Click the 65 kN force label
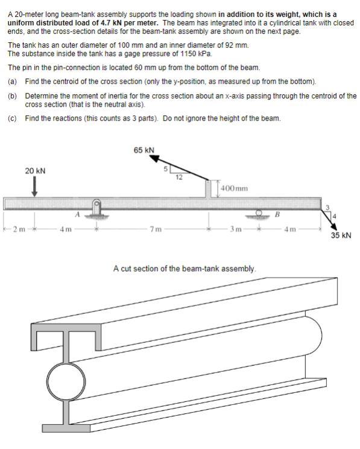tap(144, 150)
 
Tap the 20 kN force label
tap(35, 171)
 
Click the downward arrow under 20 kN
tap(35, 186)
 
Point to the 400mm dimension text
tap(235, 189)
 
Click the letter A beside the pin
tap(77, 214)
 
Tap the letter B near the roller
tap(277, 214)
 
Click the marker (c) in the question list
tap(11, 118)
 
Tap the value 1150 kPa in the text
tap(178, 54)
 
